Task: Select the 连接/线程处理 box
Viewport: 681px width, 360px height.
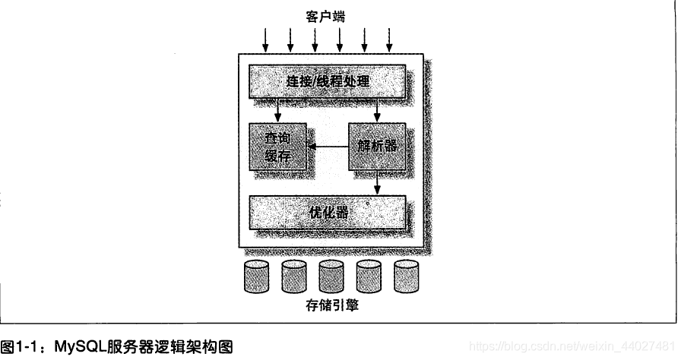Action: (x=328, y=81)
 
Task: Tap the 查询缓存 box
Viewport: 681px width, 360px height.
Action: (x=277, y=147)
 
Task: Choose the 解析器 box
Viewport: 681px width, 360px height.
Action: (x=376, y=147)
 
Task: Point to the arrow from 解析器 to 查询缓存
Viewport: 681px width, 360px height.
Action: (x=327, y=147)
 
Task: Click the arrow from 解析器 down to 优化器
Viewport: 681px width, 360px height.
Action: (x=378, y=183)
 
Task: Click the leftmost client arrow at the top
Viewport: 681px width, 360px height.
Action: (x=265, y=36)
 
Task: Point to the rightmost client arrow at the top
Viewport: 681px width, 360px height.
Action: (x=390, y=36)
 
